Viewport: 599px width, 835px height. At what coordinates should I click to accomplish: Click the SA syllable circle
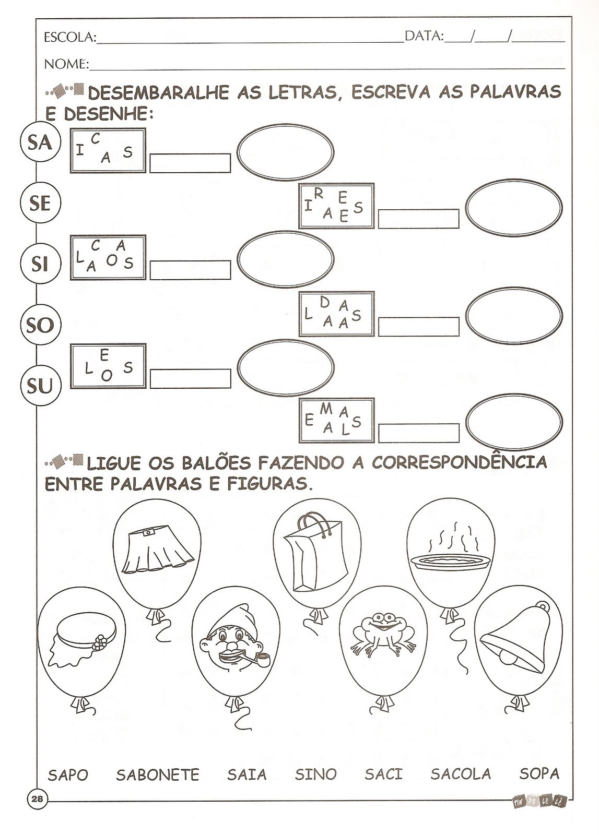(40, 142)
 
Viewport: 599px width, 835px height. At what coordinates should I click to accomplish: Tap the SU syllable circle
(40, 386)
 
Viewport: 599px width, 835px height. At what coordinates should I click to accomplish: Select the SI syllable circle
(40, 264)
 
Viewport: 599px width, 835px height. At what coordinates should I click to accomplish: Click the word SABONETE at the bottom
(158, 774)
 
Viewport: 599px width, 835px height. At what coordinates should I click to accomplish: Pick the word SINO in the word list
(315, 774)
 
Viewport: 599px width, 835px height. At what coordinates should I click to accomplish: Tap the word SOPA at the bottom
(539, 773)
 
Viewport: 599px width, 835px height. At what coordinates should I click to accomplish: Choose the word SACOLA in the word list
(461, 773)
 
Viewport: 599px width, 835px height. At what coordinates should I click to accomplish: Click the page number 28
(37, 798)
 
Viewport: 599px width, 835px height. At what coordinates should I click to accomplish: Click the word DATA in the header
(424, 36)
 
